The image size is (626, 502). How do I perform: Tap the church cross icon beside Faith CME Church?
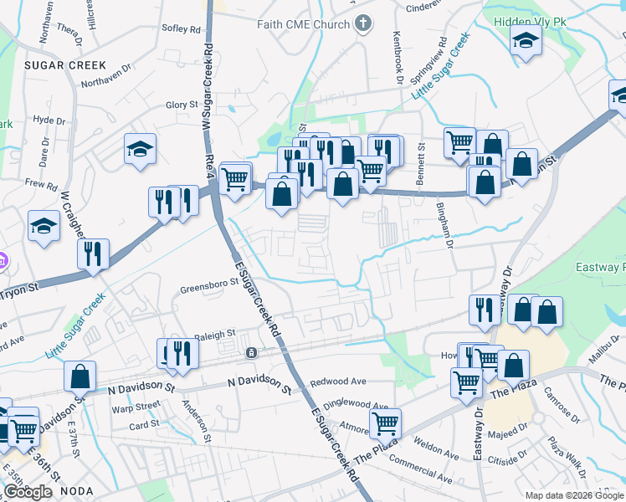362,23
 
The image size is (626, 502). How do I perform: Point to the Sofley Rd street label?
182,28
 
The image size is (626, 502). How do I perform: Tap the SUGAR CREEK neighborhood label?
65,64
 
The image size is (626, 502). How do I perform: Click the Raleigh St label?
215,335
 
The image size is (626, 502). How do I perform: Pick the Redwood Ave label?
338,382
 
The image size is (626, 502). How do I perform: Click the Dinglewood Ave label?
356,404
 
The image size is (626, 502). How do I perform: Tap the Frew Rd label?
40,184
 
